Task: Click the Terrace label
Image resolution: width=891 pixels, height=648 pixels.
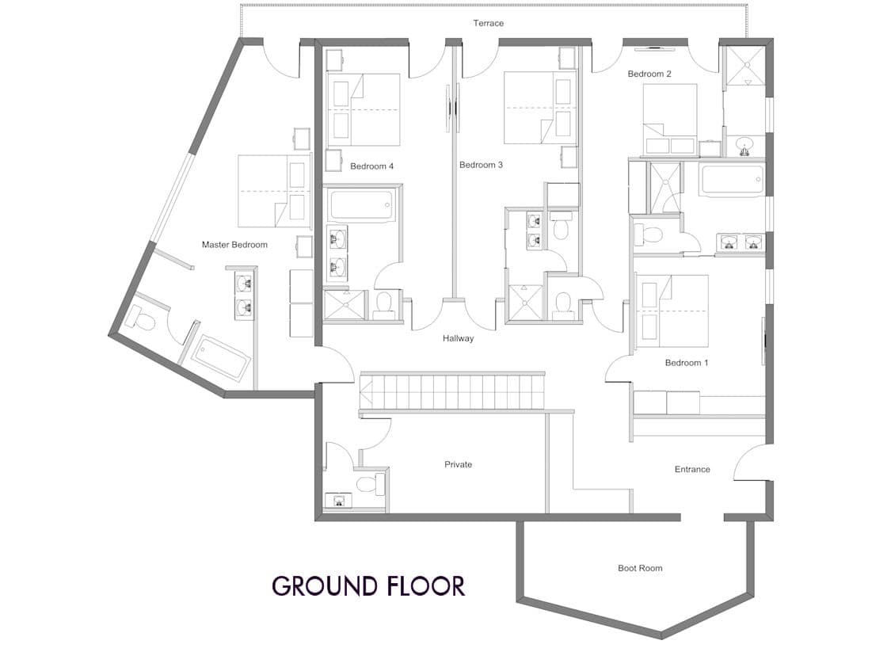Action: coord(488,23)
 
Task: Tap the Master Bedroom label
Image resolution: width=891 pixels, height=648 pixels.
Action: coord(234,245)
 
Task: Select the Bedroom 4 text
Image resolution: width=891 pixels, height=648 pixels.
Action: coord(371,166)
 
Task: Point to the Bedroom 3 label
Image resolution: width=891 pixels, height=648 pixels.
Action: coord(481,166)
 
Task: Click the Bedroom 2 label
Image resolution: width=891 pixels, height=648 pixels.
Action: coord(649,74)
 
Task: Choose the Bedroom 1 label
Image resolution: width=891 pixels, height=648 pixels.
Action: coord(687,363)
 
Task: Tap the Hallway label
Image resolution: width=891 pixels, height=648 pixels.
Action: coord(458,339)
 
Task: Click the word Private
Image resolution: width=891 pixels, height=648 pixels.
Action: coord(458,465)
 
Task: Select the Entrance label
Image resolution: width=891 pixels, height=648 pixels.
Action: coord(692,470)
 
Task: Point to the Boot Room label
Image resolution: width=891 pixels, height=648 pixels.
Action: coord(640,569)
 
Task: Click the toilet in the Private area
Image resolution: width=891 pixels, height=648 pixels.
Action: coord(371,484)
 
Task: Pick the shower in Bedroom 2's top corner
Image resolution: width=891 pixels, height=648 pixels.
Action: coord(744,66)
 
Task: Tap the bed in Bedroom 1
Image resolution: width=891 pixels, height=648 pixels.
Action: coord(673,311)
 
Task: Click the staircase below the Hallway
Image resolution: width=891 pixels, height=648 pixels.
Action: coord(452,391)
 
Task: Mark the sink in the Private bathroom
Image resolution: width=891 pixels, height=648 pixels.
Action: coord(339,501)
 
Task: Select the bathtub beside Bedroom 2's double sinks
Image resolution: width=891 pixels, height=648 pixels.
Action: coord(733,180)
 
